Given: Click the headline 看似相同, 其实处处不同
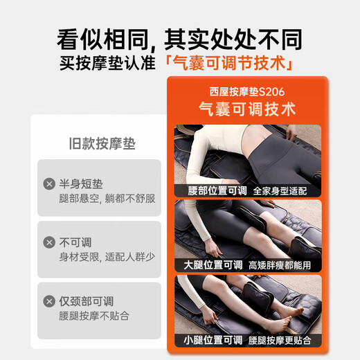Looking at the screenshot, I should [x=179, y=35].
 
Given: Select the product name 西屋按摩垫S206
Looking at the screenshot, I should [x=246, y=91].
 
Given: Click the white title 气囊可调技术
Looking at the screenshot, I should [x=246, y=109].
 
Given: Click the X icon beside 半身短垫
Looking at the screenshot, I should [x=49, y=183].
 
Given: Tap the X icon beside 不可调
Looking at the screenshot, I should [x=49, y=242].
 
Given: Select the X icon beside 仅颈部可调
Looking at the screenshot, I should [x=49, y=301].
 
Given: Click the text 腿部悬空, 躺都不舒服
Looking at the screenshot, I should [x=107, y=199].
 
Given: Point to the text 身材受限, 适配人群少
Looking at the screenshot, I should [x=107, y=257].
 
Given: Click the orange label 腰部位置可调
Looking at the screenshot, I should [x=213, y=190].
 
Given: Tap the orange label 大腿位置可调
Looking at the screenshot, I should [x=213, y=264].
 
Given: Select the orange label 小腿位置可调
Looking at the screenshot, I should [x=213, y=339].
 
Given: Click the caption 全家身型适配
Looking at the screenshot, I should [x=280, y=190].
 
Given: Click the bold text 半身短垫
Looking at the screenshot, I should [x=82, y=183].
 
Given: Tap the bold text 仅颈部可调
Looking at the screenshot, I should [x=87, y=301].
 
